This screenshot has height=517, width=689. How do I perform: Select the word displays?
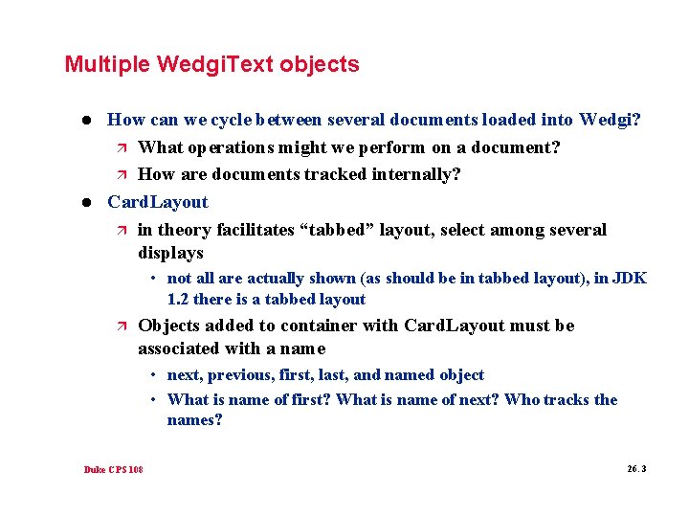click(170, 254)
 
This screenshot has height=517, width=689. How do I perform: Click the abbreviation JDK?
click(629, 279)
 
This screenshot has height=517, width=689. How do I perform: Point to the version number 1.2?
click(179, 300)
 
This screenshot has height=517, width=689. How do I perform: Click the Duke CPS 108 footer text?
click(113, 469)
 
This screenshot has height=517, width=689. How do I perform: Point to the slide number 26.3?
click(636, 469)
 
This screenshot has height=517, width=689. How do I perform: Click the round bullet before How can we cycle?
click(85, 121)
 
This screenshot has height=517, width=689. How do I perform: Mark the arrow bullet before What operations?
click(120, 147)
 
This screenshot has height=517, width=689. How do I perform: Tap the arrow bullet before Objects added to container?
click(120, 326)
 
